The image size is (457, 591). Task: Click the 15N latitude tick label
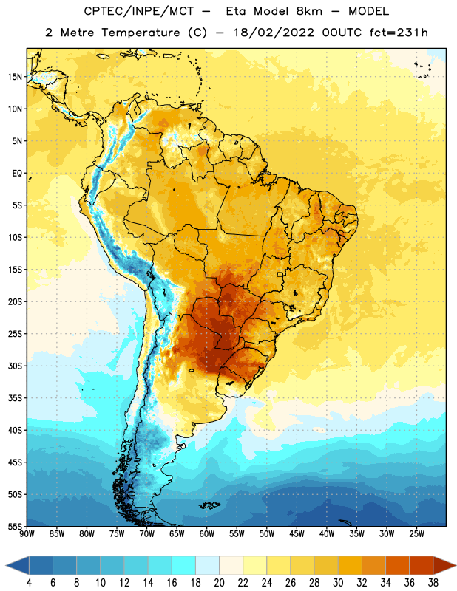click(x=15, y=77)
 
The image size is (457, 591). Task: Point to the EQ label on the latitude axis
click(x=17, y=174)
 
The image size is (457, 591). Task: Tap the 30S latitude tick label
click(x=15, y=366)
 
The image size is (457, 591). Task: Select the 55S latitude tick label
click(x=15, y=526)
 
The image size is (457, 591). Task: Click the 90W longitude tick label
click(x=27, y=533)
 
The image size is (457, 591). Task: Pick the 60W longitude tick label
click(x=207, y=533)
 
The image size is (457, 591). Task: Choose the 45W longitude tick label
click(x=297, y=533)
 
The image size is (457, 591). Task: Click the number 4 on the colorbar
click(x=29, y=583)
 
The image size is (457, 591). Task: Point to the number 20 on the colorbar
click(x=219, y=583)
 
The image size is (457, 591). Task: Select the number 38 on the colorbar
click(x=433, y=583)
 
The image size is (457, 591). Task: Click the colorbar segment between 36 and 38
click(x=422, y=566)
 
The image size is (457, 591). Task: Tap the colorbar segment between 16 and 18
click(x=184, y=566)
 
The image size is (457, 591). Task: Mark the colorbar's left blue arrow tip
click(x=6, y=566)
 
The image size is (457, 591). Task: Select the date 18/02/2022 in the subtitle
click(x=274, y=33)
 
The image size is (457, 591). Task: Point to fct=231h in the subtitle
click(x=399, y=33)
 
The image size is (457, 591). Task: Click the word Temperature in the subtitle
click(x=141, y=33)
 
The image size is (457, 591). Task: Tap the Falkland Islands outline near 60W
click(x=209, y=505)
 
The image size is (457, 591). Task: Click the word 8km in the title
click(x=309, y=11)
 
